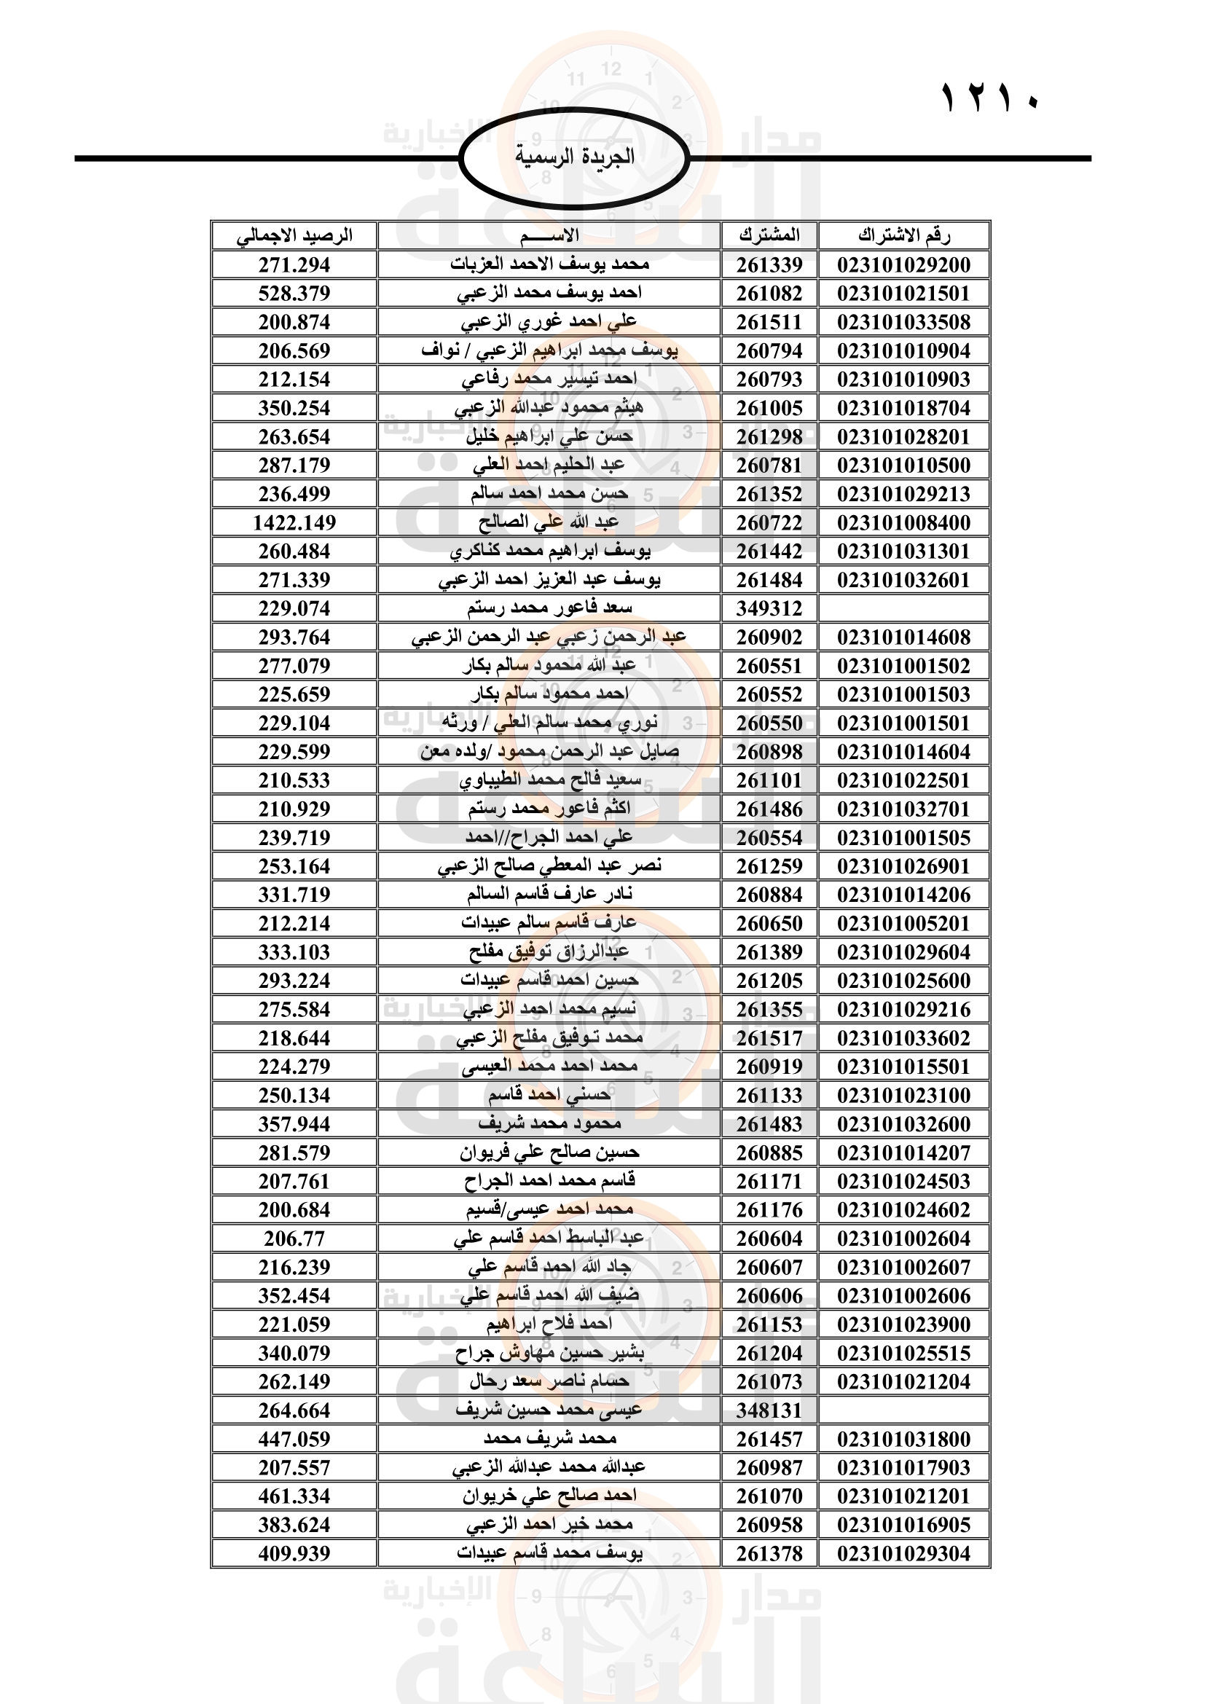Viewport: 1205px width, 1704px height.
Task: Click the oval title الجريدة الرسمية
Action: point(574,157)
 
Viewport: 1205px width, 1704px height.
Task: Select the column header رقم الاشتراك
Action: point(903,235)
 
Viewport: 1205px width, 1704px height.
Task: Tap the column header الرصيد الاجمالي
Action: point(294,235)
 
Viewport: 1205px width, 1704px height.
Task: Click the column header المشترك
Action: point(769,235)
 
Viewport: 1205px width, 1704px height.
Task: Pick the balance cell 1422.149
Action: point(294,522)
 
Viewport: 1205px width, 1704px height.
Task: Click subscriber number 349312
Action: point(769,608)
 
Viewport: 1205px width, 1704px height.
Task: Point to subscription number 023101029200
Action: point(903,264)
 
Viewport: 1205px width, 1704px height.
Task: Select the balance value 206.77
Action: point(294,1238)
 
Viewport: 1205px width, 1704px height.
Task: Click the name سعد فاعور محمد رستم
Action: point(549,608)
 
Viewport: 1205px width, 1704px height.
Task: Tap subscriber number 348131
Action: point(769,1410)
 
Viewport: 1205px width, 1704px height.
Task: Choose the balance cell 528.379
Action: point(294,293)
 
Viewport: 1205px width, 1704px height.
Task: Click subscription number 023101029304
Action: point(903,1553)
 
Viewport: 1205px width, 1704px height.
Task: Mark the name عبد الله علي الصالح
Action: point(549,522)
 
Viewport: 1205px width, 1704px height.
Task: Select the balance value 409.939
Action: point(294,1553)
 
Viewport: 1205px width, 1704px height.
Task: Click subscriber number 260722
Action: point(769,522)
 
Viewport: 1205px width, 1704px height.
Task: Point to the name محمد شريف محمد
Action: point(549,1438)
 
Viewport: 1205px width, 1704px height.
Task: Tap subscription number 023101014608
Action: point(903,637)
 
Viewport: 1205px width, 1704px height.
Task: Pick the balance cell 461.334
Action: point(294,1496)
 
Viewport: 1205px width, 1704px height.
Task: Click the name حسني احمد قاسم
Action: point(549,1095)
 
